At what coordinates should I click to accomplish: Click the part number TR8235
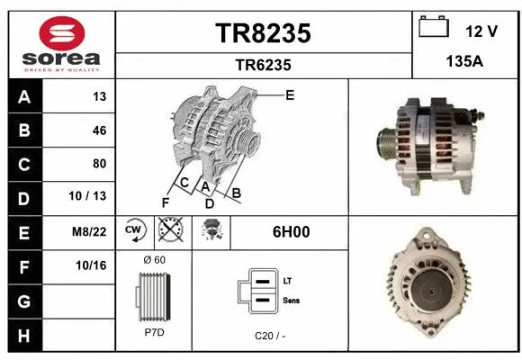click(x=263, y=33)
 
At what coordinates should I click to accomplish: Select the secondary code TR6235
click(x=263, y=65)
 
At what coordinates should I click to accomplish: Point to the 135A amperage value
click(x=465, y=64)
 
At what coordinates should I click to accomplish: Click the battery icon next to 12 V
click(x=434, y=28)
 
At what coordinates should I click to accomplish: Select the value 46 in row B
click(x=99, y=130)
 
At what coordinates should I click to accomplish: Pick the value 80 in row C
click(x=99, y=164)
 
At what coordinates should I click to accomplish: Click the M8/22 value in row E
click(x=91, y=231)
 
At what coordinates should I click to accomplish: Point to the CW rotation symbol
click(x=133, y=231)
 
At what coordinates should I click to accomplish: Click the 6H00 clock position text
click(x=291, y=231)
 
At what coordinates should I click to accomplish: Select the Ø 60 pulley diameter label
click(x=154, y=259)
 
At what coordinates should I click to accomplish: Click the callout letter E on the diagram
click(x=290, y=94)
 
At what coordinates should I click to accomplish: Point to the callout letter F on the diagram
click(x=165, y=201)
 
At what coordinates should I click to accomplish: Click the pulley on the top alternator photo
click(x=386, y=144)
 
